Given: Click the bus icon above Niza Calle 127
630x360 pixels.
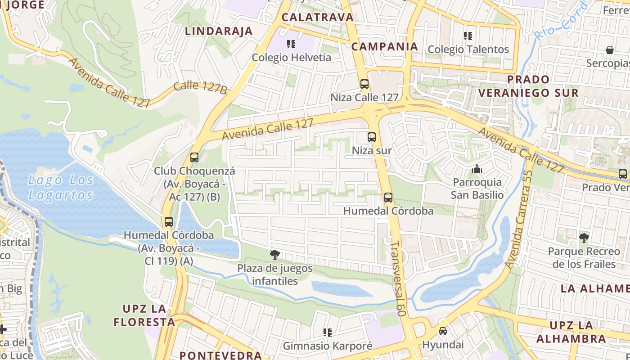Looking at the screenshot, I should point(364,84).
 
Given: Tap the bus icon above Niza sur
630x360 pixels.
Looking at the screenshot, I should point(372,137).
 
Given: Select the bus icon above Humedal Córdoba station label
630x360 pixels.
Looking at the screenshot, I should point(388,198).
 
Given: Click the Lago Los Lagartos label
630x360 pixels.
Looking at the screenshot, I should point(61,188).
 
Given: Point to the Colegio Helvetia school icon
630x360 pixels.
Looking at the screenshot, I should point(291,44).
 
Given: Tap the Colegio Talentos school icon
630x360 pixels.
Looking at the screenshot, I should point(468,36).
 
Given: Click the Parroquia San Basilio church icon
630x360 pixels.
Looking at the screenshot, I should point(477,169).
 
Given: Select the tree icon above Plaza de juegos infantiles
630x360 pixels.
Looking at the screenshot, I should point(274,255).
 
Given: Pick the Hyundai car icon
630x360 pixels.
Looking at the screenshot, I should point(443,331).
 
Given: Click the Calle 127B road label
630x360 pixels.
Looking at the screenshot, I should point(200,87).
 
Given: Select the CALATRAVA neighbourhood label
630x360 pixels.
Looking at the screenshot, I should point(317,17).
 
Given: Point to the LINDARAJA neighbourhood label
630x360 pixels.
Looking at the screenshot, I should point(219,31).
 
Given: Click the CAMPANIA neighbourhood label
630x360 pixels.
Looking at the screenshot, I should point(385,46).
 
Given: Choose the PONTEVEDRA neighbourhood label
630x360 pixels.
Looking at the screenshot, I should point(220,355).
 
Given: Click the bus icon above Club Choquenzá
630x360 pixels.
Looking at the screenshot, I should point(194,157).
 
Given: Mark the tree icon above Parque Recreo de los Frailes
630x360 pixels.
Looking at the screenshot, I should point(584,238).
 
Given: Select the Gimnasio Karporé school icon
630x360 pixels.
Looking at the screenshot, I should point(328,333).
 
